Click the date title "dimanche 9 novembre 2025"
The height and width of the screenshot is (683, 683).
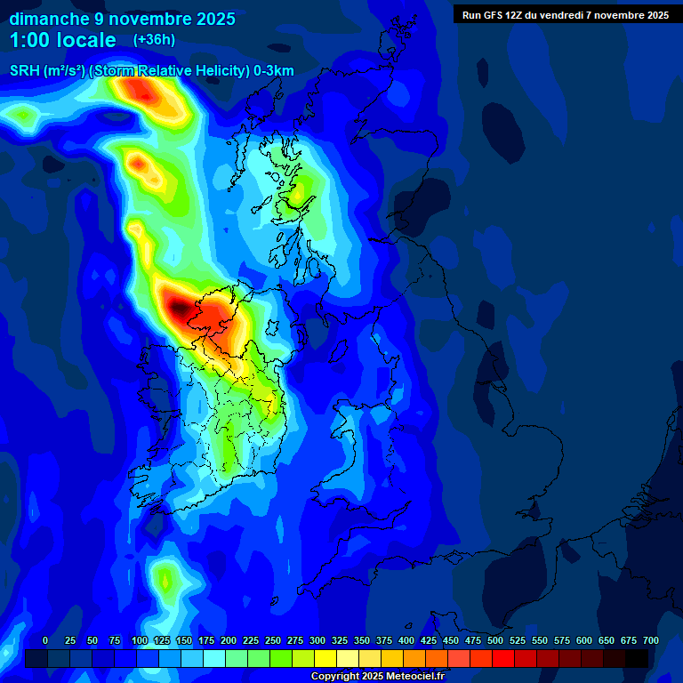pos(122,19)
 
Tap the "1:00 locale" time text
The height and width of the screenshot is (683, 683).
pos(63,40)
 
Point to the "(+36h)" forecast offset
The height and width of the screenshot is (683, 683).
pos(154,40)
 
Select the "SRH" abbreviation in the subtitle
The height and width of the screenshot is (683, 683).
pos(23,71)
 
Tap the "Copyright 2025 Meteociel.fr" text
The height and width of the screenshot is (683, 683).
pos(377,676)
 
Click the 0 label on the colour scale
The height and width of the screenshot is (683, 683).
pos(45,640)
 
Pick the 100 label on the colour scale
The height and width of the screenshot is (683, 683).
pos(139,640)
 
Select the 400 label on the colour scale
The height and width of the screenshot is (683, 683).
pos(406,640)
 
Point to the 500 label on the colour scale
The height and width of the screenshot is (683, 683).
pos(495,640)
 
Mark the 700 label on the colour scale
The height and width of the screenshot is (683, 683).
pos(650,640)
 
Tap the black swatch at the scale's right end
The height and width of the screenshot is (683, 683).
pos(637,658)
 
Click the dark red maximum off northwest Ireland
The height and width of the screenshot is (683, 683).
pos(180,309)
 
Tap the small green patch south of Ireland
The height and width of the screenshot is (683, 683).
pos(165,580)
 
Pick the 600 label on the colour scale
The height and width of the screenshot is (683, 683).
pos(584,640)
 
